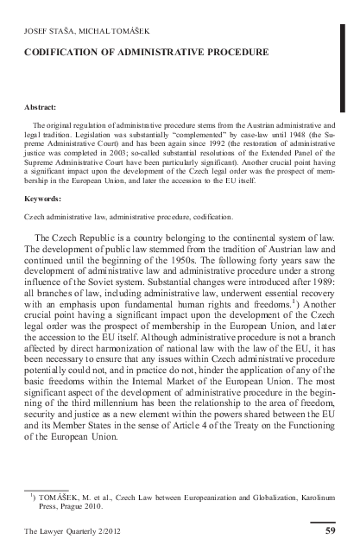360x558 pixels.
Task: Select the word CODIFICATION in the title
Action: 66,53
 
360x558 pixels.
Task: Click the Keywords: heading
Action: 44,199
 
